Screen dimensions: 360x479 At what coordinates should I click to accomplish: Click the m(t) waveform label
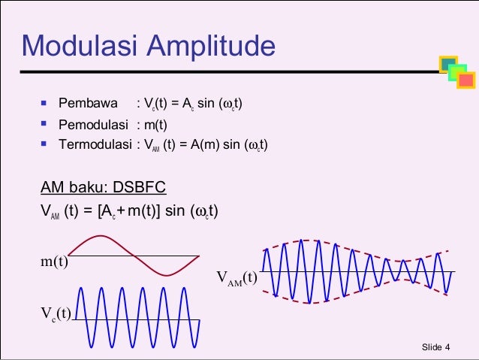click(53, 262)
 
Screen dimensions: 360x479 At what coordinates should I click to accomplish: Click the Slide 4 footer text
click(436, 346)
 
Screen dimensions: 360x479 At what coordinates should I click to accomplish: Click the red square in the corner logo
click(466, 80)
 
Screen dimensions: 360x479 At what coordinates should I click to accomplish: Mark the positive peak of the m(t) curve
click(101, 237)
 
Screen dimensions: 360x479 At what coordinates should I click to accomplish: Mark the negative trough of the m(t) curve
click(166, 275)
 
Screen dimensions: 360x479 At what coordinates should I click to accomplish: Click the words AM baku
click(69, 187)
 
